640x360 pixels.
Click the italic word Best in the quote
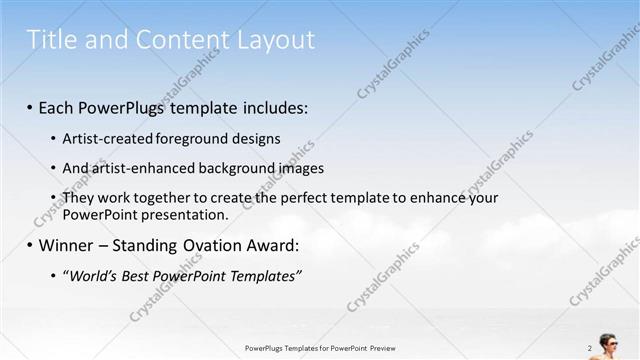click(x=138, y=275)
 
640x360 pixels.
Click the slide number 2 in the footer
click(x=590, y=348)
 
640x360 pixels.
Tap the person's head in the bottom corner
click(x=607, y=339)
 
